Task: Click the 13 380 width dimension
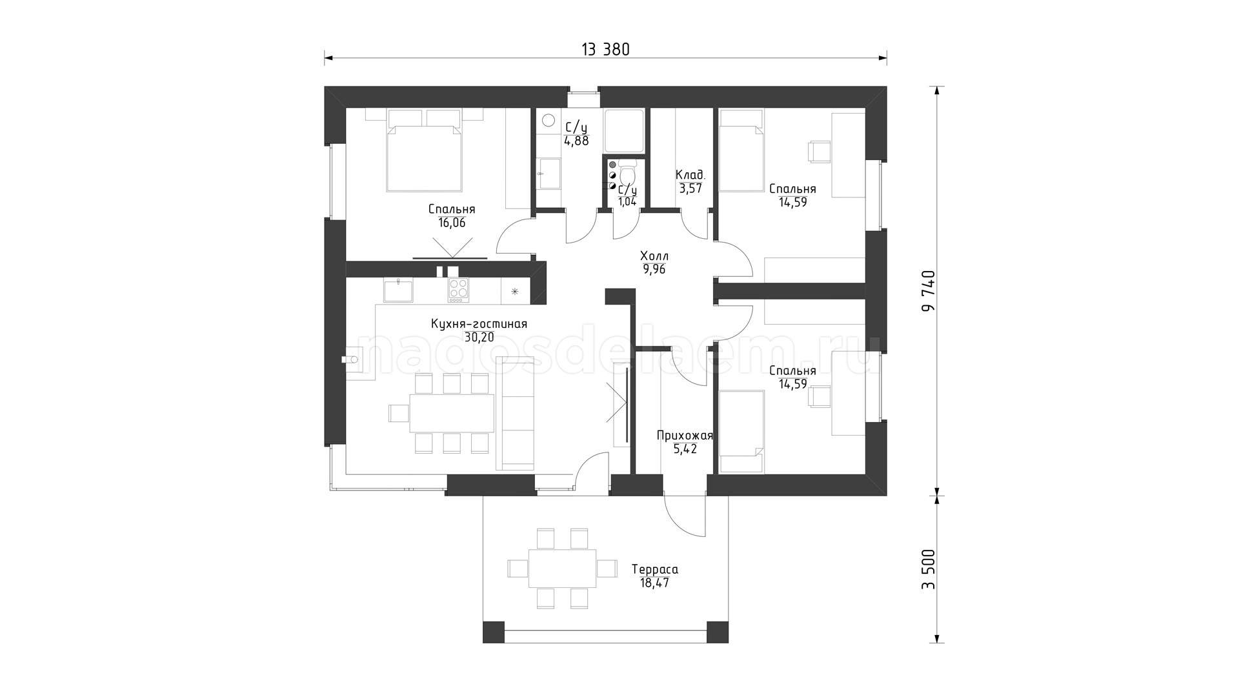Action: coord(605,49)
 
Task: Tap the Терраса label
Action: coord(654,570)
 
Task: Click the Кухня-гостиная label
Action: coord(479,324)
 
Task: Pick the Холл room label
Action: coord(654,256)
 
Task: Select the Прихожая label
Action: coord(685,436)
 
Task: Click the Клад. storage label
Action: coord(690,175)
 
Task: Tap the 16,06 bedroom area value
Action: coord(451,223)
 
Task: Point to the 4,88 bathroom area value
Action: coord(576,141)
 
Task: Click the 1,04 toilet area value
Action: coord(627,201)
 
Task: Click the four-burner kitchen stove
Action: coord(458,290)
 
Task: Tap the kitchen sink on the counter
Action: coord(398,290)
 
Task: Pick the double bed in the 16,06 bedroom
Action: coord(425,155)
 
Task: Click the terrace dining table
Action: coord(562,568)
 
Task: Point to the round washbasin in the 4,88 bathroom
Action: coord(549,121)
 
